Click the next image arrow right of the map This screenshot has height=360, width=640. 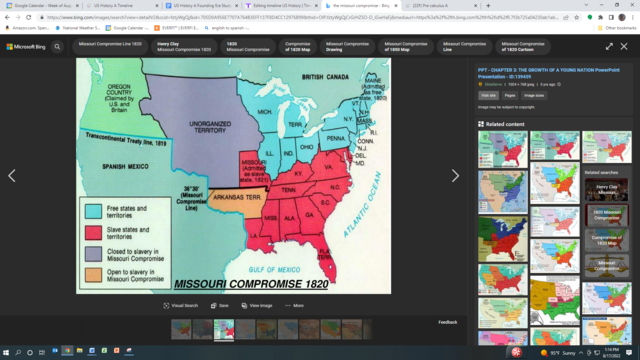[x=455, y=176]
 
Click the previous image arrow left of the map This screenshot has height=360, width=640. [x=12, y=176]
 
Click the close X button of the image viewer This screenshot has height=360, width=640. [x=626, y=46]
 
